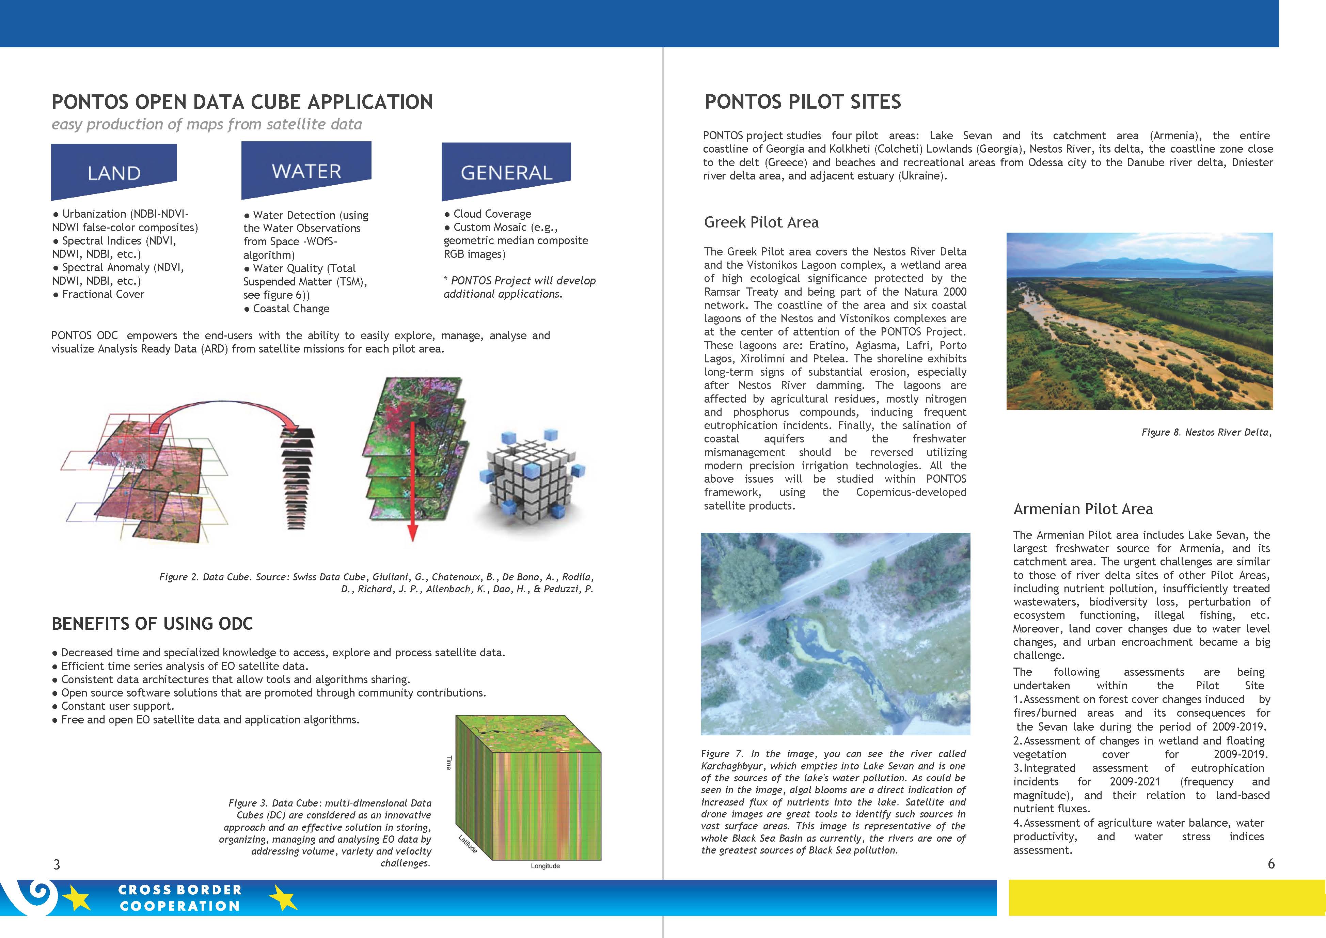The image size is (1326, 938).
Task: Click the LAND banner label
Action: pos(114,173)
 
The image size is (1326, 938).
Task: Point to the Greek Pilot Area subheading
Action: pos(761,222)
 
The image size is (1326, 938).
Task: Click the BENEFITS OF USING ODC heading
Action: pos(152,624)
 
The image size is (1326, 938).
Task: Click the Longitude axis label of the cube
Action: pos(545,866)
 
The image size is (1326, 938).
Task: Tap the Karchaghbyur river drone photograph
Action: pos(835,633)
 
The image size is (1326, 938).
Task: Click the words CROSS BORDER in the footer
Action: pos(179,890)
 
